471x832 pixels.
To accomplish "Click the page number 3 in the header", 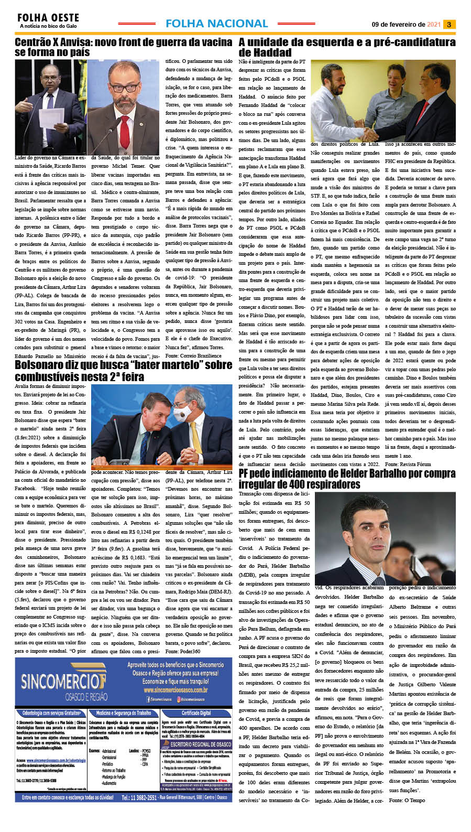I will pyautogui.click(x=449, y=24).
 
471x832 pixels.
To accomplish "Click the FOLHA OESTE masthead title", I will pyautogui.click(x=48, y=18).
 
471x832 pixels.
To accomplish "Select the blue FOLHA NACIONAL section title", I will pyautogui.click(x=216, y=24).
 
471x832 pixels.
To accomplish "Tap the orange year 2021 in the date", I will pyautogui.click(x=434, y=25).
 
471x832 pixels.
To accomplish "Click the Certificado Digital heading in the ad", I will pyautogui.click(x=196, y=713).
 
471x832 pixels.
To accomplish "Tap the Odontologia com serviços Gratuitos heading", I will pyautogui.click(x=51, y=713).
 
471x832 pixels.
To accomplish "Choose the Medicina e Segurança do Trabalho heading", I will pyautogui.click(x=123, y=713).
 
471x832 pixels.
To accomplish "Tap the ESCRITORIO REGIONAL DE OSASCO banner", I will pyautogui.click(x=200, y=744).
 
